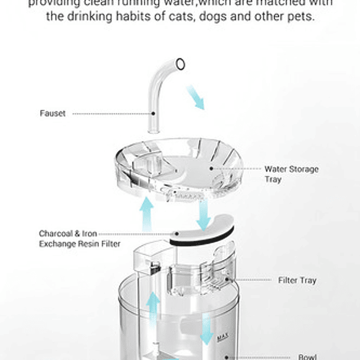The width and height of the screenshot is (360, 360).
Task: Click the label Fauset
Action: pos(53,114)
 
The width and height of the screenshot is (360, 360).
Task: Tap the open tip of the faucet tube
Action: pos(181,63)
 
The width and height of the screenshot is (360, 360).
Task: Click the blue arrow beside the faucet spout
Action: pos(195,97)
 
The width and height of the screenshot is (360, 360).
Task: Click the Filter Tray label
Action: pos(297,280)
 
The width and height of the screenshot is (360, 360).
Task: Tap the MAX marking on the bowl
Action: pos(222,337)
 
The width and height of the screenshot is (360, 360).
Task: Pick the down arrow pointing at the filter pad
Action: pos(204,217)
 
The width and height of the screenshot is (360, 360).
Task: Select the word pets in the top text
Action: pos(300,16)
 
